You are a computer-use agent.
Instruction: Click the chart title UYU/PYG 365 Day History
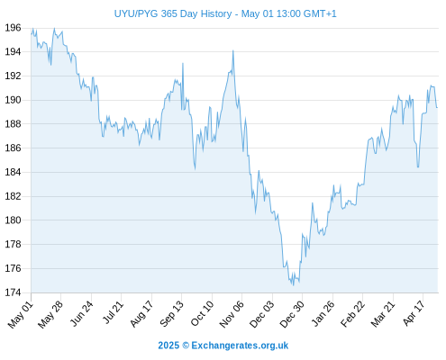173,13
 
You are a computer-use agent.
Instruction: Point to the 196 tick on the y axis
13,28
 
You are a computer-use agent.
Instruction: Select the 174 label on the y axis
13,292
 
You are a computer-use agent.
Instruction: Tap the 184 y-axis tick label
13,172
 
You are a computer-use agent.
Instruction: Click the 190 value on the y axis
13,100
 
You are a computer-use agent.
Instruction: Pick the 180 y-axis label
13,220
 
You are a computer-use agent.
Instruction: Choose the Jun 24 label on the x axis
81,314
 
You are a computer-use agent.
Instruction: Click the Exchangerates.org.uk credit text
240,346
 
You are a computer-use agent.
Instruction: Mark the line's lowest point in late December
294,285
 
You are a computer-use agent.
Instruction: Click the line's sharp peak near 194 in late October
233,50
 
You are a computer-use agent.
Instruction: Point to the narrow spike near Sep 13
183,63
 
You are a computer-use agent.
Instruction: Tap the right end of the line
437,107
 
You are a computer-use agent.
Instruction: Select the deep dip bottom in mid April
418,167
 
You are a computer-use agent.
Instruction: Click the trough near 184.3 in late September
196,169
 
